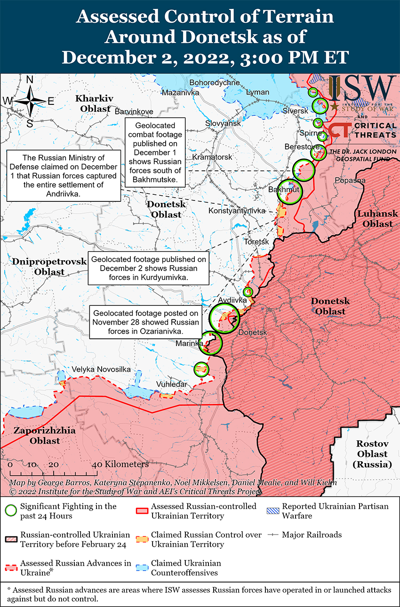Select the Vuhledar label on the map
pyautogui.click(x=171, y=384)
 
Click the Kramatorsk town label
pyautogui.click(x=212, y=157)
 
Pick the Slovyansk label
pyautogui.click(x=223, y=123)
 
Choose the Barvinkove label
pyautogui.click(x=134, y=112)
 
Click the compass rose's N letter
pyautogui.click(x=29, y=80)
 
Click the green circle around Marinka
pyautogui.click(x=210, y=343)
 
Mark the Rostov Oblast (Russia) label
pyautogui.click(x=372, y=454)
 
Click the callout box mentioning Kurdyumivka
pyautogui.click(x=148, y=269)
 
